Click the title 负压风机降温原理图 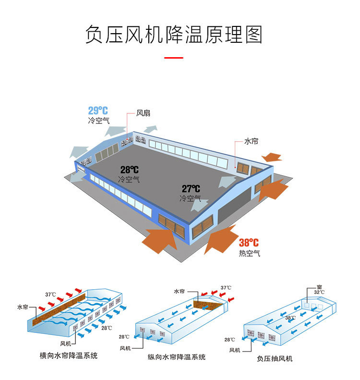coord(174,34)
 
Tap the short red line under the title coord(174,58)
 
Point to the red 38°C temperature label coord(249,243)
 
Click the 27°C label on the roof coord(191,189)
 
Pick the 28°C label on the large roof coord(129,170)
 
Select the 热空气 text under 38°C coord(249,253)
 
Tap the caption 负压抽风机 coord(275,358)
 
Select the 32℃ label coord(319,292)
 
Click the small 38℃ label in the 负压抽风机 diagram coord(290,318)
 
